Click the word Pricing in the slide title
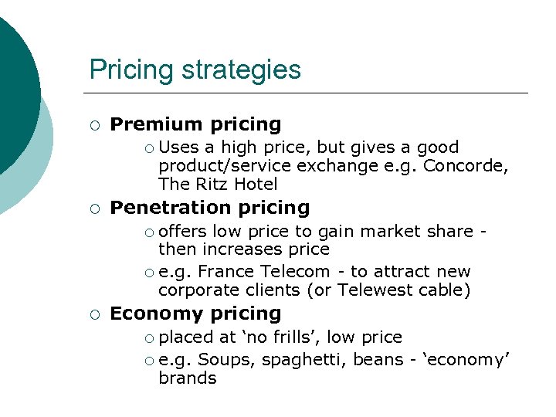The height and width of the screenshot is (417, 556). tap(132, 70)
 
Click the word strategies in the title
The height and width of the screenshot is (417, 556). tap(242, 70)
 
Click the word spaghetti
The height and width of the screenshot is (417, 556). tap(303, 360)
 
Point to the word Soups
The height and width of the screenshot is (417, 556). tap(222, 359)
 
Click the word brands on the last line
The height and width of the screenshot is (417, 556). tap(188, 378)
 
